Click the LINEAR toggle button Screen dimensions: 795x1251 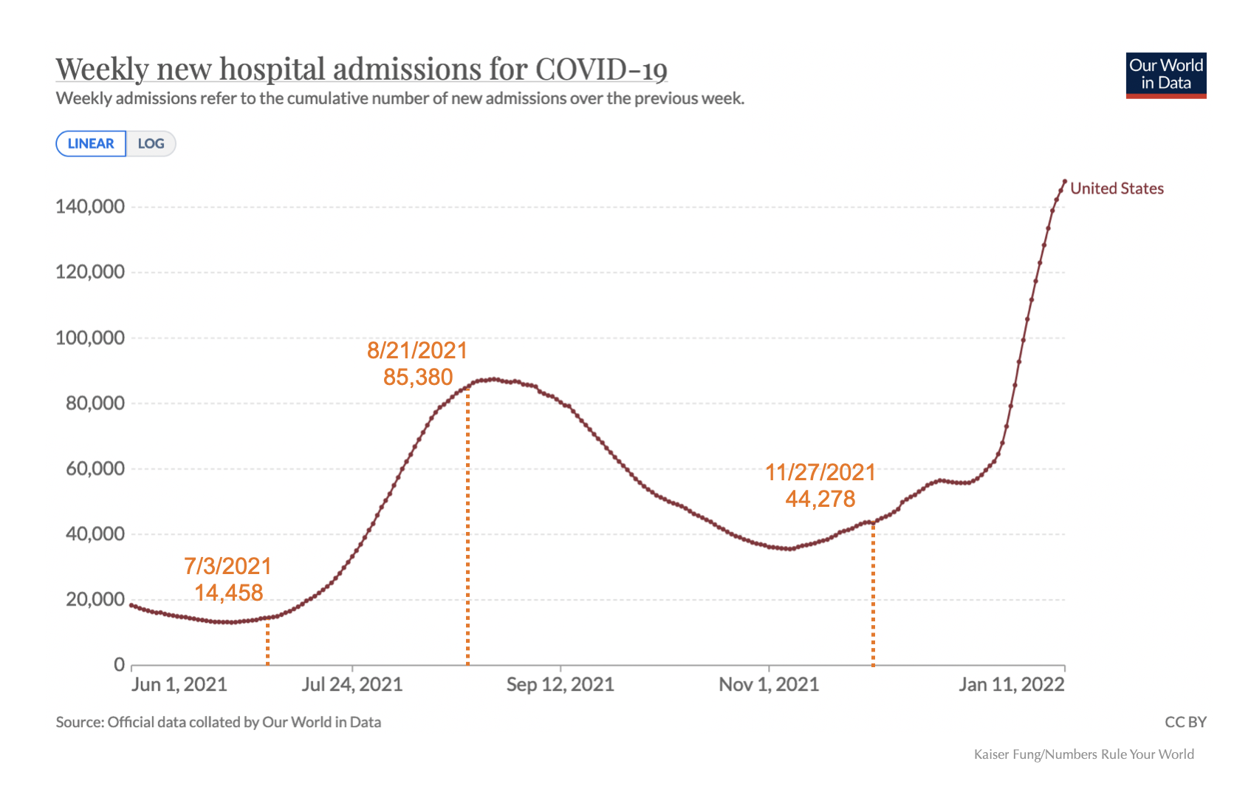tap(91, 143)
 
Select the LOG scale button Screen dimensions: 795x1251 tap(151, 143)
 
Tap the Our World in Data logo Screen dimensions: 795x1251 tap(1165, 75)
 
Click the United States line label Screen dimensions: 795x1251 tap(1117, 188)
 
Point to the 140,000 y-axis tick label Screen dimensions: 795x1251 tap(90, 206)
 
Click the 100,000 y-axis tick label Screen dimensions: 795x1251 tap(90, 338)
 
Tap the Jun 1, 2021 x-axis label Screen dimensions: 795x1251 tap(179, 684)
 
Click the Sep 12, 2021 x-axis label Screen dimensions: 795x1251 tap(560, 684)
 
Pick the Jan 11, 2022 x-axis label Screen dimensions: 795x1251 tap(1011, 684)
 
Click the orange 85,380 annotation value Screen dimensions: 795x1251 tap(418, 377)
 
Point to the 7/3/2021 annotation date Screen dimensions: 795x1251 tap(227, 566)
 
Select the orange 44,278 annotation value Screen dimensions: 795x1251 tap(820, 499)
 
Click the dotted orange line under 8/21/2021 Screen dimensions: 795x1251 tap(467, 532)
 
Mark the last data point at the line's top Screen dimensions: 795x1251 tap(1064, 181)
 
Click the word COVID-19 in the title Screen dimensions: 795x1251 tap(601, 69)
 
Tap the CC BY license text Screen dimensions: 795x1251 tap(1185, 722)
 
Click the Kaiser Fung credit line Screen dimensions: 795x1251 tap(1083, 754)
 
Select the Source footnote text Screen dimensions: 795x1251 tap(219, 722)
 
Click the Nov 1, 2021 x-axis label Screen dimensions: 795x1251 tap(769, 684)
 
